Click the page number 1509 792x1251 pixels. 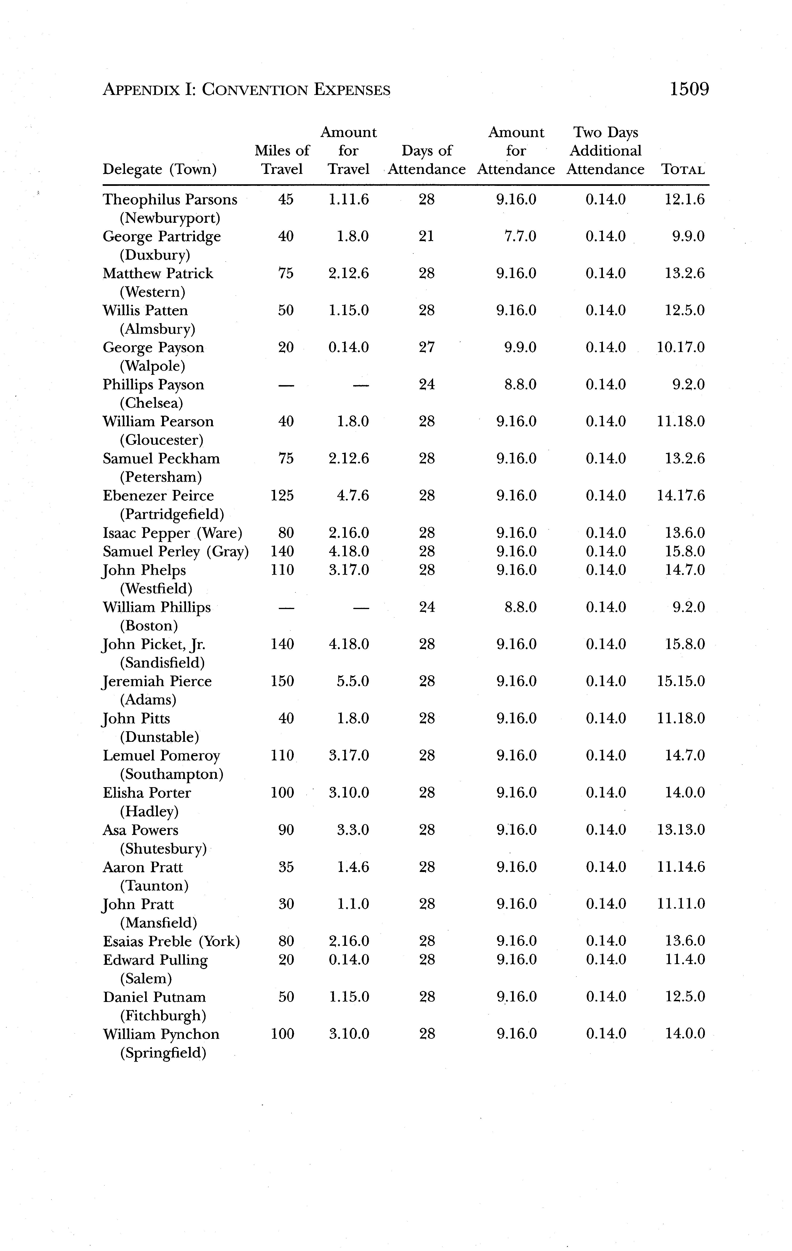(x=689, y=89)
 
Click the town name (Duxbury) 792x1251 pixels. (x=155, y=255)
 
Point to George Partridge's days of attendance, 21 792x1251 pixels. (x=426, y=236)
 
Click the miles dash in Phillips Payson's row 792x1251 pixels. (x=286, y=385)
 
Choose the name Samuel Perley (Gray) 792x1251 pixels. (x=175, y=551)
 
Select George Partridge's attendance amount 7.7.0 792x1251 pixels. (x=520, y=236)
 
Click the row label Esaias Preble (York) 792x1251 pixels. (x=171, y=941)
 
